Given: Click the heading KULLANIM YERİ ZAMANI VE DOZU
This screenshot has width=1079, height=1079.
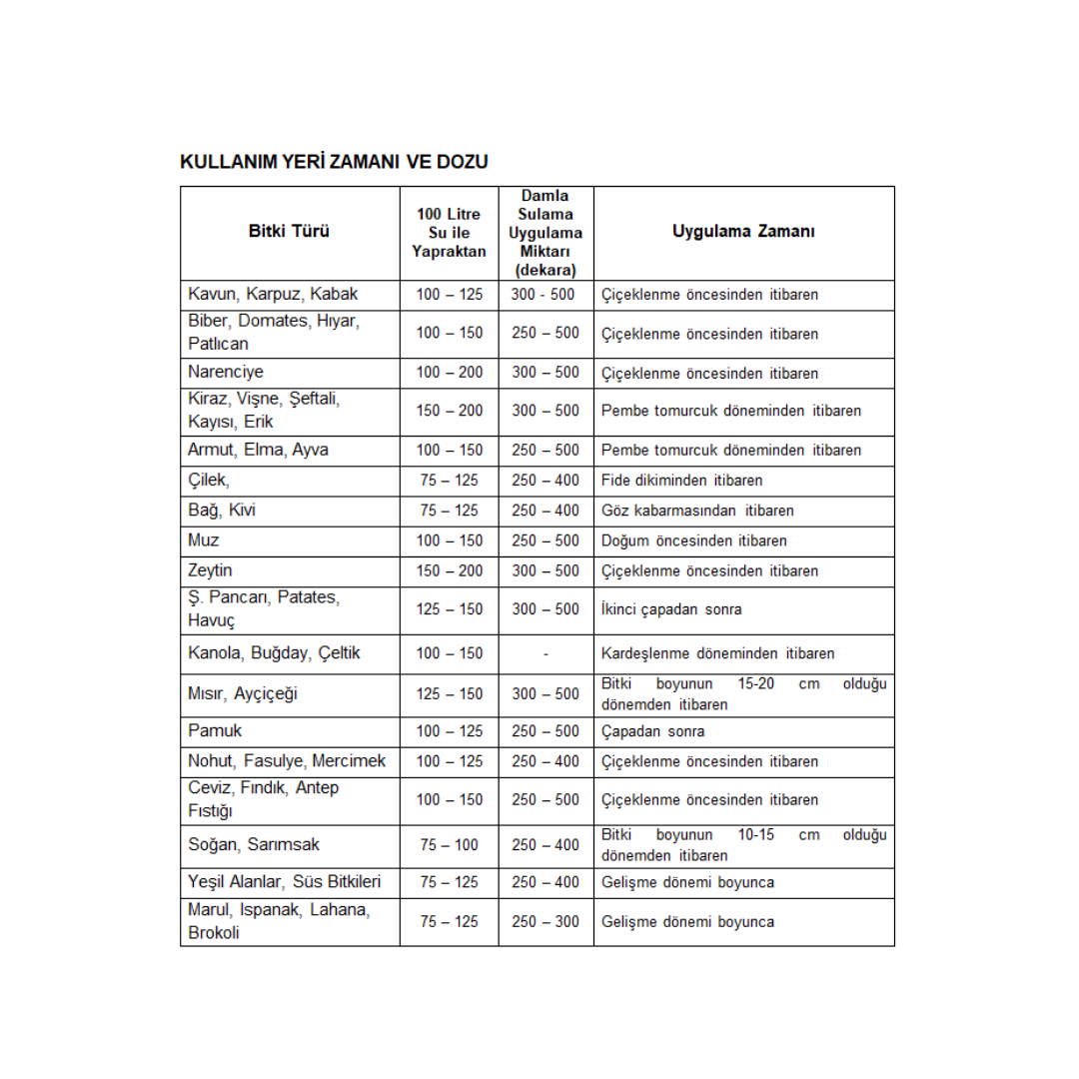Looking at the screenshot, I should pos(334,162).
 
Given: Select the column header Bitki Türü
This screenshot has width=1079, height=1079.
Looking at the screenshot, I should pos(289,232).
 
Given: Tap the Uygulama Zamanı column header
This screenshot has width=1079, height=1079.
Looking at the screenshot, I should pos(743,232).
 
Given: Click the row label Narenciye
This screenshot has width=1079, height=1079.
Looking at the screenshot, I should pos(226,373).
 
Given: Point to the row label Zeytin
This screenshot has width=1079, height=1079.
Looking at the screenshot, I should pos(210,570).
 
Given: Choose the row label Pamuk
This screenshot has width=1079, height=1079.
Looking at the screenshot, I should pos(215,731).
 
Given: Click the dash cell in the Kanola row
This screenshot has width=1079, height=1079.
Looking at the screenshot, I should pos(545,654).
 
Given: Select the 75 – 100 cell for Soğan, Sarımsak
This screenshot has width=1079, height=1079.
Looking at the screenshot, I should pos(449,845).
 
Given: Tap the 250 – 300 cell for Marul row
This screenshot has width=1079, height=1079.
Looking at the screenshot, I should pos(545,922).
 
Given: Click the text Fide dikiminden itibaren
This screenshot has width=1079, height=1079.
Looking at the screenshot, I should pos(681,481).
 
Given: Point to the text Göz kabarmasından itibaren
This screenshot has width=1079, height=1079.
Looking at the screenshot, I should pos(697,511).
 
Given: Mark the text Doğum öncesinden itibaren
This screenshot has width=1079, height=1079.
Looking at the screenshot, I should pos(693,540).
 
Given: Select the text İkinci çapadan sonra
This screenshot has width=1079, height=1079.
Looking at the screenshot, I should pos(671,609).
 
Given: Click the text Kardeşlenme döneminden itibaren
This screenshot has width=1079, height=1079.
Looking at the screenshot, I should pos(717,654).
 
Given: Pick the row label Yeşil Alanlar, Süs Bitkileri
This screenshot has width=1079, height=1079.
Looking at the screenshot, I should pos(285,882).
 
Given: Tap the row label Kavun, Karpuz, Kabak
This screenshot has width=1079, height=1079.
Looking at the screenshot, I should pos(273,295).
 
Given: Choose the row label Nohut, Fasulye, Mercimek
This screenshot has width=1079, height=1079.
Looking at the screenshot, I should pos(287,761).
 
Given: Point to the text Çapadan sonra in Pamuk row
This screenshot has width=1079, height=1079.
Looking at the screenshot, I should pos(652,731).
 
